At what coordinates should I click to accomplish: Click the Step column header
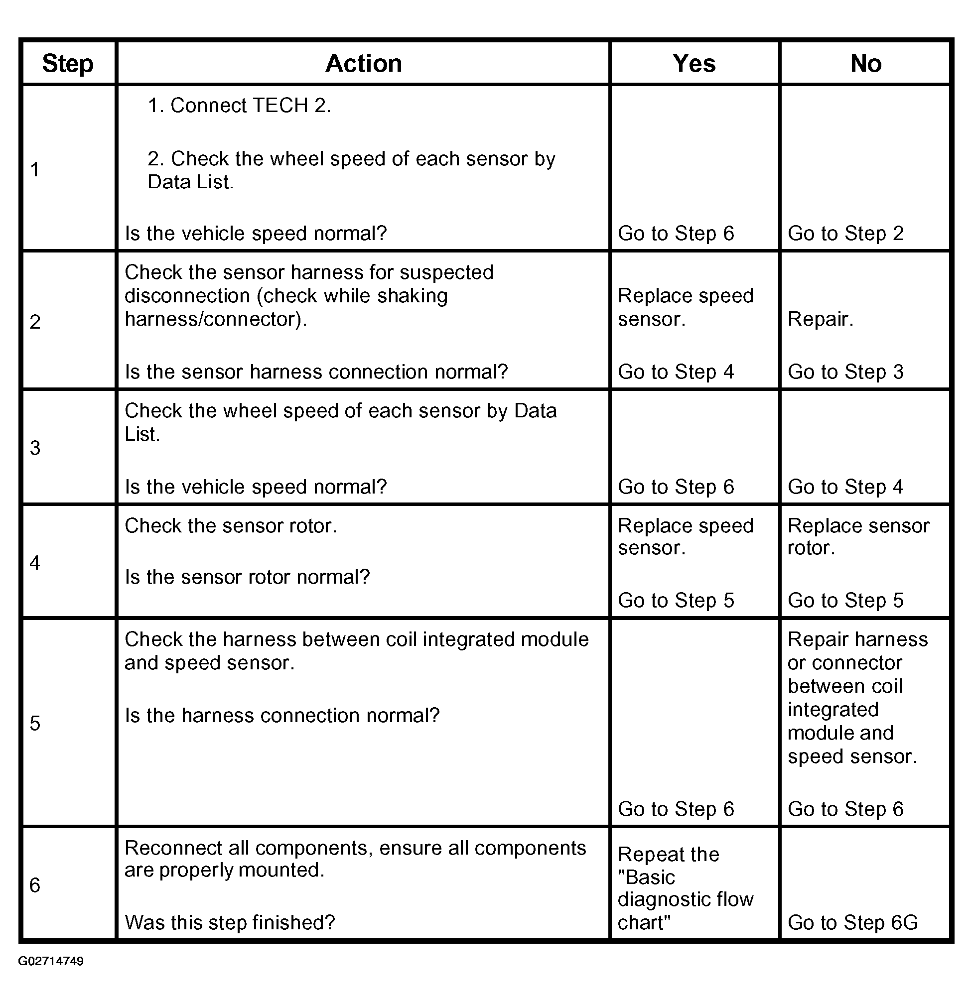click(68, 64)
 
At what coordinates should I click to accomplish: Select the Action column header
click(363, 64)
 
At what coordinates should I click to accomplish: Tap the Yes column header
click(694, 64)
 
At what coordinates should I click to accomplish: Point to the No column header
click(865, 64)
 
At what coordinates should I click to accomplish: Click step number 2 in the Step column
click(35, 322)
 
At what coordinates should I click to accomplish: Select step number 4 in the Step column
click(35, 563)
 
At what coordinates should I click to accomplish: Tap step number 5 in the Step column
click(35, 723)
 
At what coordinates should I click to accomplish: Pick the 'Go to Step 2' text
click(845, 234)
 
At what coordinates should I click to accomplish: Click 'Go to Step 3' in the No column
click(845, 372)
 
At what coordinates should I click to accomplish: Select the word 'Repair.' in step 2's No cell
click(821, 319)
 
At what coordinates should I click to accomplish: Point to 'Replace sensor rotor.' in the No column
click(858, 537)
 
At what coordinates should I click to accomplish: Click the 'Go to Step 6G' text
click(853, 923)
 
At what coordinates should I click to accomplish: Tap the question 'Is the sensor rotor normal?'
click(247, 577)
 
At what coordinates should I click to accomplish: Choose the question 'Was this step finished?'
click(230, 923)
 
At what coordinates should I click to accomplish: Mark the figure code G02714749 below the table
click(51, 961)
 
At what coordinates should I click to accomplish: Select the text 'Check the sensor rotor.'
click(231, 526)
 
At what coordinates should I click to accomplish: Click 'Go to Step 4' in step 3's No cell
click(845, 487)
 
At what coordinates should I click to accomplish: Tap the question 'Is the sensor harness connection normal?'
click(316, 372)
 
